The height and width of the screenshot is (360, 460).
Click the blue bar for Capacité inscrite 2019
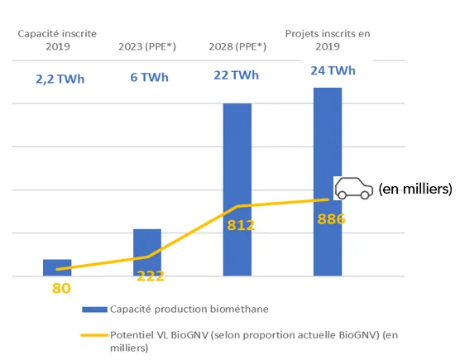57,267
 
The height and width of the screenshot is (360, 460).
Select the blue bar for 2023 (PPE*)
147,252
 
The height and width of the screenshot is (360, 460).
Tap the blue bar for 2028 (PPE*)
237,189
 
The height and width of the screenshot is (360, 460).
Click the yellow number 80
61,289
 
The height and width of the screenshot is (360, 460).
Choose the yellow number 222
151,276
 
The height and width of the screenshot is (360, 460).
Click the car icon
352,188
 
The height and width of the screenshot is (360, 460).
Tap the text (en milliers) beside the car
415,189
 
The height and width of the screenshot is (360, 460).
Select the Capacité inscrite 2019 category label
57,40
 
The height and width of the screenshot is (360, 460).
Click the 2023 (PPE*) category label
146,46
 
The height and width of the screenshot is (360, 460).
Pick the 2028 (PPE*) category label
237,46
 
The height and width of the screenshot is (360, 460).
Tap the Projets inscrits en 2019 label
328,40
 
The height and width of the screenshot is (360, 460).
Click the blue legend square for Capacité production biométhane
95,310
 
